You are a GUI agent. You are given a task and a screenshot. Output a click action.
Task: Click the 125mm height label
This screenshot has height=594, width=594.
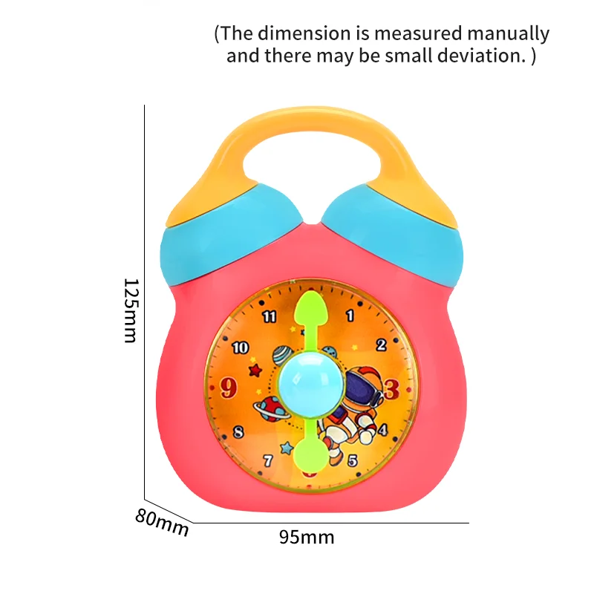tap(131, 310)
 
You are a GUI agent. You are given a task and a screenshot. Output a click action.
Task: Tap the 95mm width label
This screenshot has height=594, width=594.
tap(307, 537)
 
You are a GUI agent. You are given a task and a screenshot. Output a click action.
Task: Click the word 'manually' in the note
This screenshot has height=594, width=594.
tap(509, 34)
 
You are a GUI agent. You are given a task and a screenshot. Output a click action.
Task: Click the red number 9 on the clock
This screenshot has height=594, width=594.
tap(230, 386)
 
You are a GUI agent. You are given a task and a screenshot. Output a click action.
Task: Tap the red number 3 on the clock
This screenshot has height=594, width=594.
tap(391, 388)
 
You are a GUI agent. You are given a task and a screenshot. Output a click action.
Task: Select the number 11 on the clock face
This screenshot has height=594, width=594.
tap(270, 317)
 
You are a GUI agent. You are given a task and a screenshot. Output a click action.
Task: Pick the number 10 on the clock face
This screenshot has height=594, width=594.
tap(240, 347)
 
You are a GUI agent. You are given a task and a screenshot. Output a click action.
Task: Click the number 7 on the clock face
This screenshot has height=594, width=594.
tap(268, 461)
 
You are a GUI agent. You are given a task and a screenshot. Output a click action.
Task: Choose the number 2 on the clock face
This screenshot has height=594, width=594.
tap(382, 345)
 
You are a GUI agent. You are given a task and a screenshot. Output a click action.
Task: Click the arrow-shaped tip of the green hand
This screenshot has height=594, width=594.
tap(310, 306)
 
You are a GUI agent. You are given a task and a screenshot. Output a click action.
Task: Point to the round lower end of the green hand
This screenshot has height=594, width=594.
tap(310, 454)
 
